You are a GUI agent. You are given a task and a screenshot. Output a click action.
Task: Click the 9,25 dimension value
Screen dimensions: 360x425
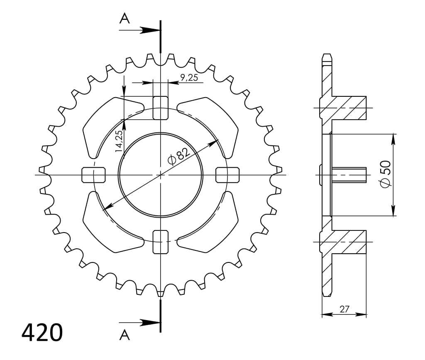click(189, 77)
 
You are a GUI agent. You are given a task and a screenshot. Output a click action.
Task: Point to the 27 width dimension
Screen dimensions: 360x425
click(344, 309)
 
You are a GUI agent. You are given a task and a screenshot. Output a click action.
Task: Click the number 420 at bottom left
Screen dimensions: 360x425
click(42, 333)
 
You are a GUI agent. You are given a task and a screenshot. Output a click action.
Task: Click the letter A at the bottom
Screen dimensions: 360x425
click(124, 335)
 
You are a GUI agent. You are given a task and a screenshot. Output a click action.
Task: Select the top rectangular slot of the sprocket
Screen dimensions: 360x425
click(161, 108)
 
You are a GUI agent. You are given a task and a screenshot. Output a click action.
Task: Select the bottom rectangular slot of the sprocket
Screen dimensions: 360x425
click(161, 242)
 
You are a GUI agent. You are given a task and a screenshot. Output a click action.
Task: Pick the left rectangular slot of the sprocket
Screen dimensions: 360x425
click(94, 175)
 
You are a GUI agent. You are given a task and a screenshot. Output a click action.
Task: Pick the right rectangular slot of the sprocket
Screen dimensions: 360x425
click(228, 175)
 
